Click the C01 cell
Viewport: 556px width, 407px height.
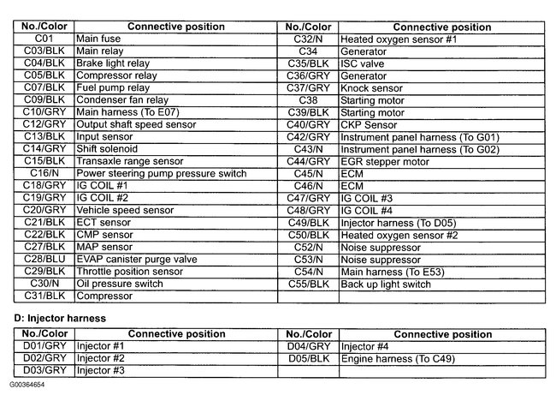pos(44,39)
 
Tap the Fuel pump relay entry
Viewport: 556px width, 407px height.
pos(114,88)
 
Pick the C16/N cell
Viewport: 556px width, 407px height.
pos(44,174)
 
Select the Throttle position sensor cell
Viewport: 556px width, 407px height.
pos(130,272)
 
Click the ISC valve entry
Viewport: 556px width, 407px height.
pos(363,64)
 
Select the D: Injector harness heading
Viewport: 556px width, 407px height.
pos(60,318)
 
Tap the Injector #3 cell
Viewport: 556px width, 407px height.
pos(101,370)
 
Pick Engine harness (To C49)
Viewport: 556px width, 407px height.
pos(398,358)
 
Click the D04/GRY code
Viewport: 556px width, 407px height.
pos(308,346)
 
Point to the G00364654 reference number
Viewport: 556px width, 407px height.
pos(28,385)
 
